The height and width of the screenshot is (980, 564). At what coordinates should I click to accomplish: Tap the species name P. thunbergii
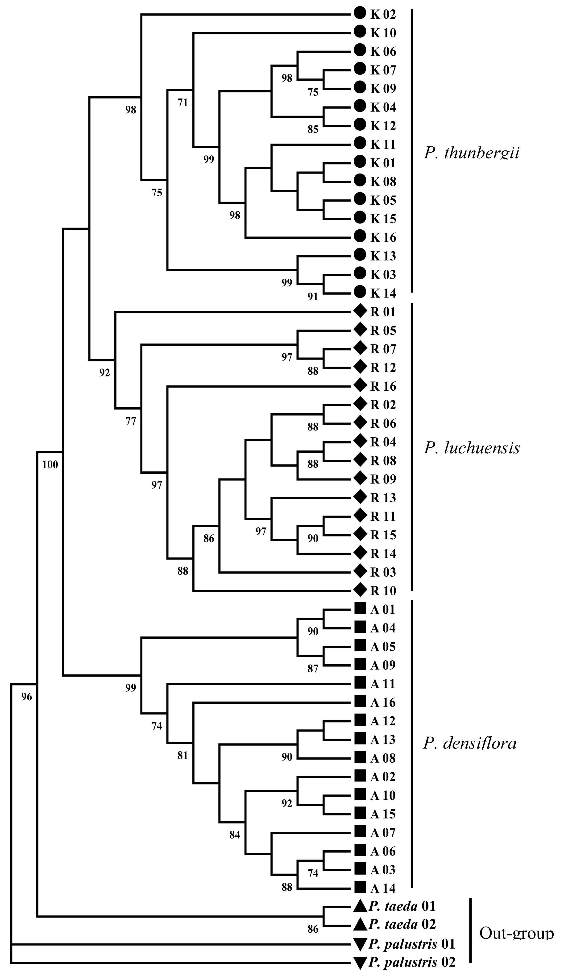pyautogui.click(x=471, y=154)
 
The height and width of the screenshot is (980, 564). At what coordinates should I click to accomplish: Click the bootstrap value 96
pyautogui.click(x=27, y=697)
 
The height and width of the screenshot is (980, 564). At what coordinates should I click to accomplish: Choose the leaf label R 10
pyautogui.click(x=383, y=591)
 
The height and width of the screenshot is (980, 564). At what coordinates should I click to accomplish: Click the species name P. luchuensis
pyautogui.click(x=471, y=448)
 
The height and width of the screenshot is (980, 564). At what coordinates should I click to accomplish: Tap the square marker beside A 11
pyautogui.click(x=360, y=684)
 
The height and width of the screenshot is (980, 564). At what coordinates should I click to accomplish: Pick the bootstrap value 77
pyautogui.click(x=131, y=421)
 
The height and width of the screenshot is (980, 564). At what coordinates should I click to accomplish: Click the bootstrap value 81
pyautogui.click(x=182, y=755)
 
